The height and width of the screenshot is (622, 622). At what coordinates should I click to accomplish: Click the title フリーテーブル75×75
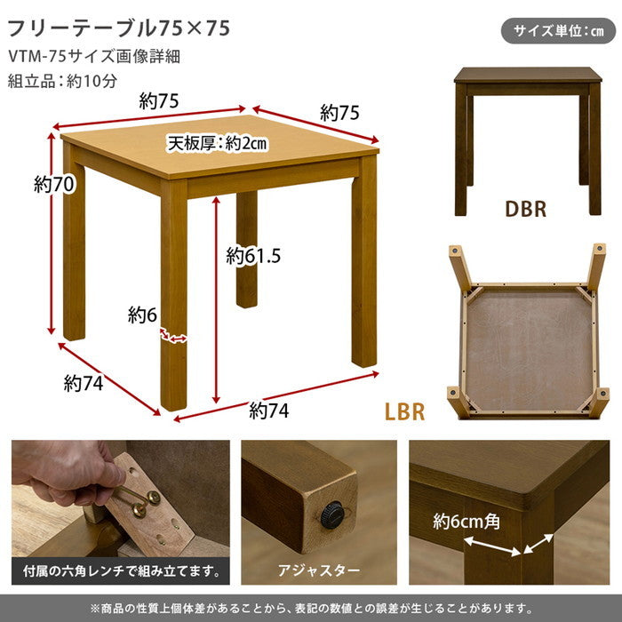click(119, 28)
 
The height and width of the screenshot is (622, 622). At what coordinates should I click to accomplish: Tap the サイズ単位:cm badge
click(559, 31)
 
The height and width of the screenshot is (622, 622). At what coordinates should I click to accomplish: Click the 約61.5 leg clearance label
click(253, 257)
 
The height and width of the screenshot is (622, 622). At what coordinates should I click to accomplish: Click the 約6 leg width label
click(142, 315)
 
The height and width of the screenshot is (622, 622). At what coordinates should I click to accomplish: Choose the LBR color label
click(404, 412)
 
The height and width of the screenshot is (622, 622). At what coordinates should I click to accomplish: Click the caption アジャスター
click(319, 569)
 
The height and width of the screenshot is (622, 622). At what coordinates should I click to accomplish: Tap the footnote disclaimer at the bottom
click(311, 608)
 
